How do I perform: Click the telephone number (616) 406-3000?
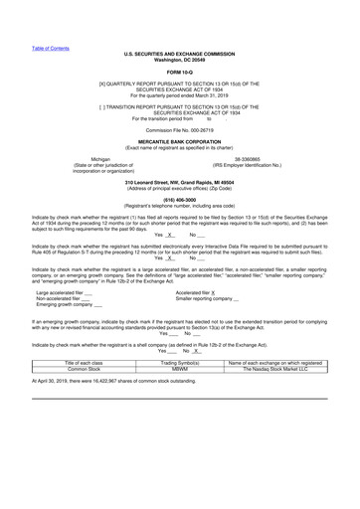pos(180,200)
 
